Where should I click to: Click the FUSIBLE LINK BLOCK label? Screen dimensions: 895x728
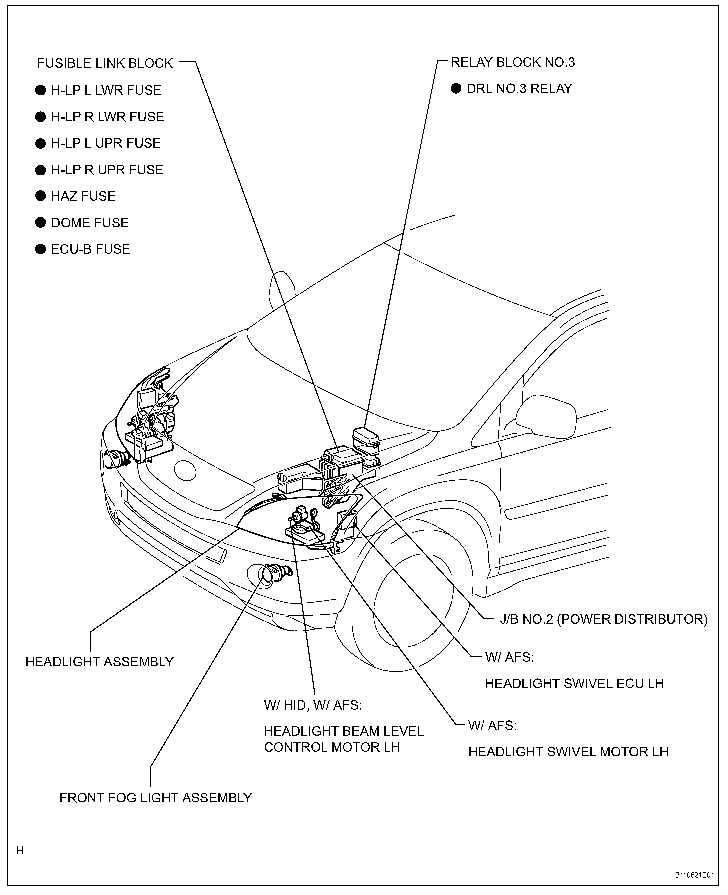(x=105, y=63)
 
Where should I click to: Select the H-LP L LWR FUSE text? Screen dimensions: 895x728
(x=106, y=90)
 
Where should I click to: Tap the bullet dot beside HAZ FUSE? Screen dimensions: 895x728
(x=40, y=196)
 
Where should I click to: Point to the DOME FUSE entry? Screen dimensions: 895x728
(x=90, y=223)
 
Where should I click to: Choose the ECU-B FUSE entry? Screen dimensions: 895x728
(x=90, y=249)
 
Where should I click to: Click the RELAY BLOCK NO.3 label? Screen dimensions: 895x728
(x=513, y=62)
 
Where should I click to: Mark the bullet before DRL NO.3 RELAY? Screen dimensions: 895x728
(x=456, y=89)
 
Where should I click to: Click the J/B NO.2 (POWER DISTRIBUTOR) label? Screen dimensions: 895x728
(x=604, y=619)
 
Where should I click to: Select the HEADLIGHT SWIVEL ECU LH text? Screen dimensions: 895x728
(x=574, y=683)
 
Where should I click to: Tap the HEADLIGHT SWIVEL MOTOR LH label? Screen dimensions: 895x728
(x=568, y=752)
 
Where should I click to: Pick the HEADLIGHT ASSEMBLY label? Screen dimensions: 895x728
(x=99, y=662)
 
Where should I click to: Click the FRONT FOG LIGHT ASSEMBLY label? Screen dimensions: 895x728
(x=155, y=798)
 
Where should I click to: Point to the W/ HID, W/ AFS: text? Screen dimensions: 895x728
(x=313, y=705)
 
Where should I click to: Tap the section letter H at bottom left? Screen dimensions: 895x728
(x=20, y=850)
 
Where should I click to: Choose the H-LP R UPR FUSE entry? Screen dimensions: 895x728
(x=107, y=170)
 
